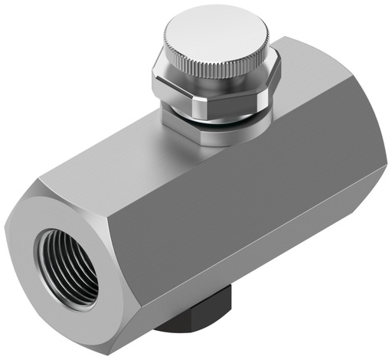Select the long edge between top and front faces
click(x=230, y=165)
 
